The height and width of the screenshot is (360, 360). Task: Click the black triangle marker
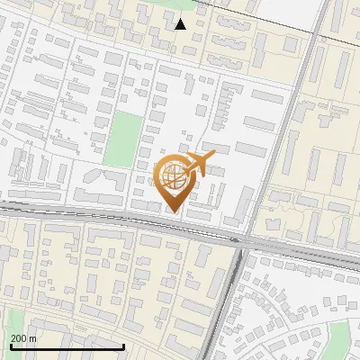point(181,24)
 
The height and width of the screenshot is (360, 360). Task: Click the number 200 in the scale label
point(18,337)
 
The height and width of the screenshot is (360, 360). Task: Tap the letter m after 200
point(32,337)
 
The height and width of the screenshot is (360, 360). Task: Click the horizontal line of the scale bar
point(67,346)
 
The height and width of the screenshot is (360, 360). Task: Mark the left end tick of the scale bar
point(10,345)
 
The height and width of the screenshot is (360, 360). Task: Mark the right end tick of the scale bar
point(123,345)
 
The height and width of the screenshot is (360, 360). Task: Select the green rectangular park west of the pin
point(122,139)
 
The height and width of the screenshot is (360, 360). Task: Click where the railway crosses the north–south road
point(245,240)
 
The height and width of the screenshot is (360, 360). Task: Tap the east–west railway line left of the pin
point(72,216)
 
